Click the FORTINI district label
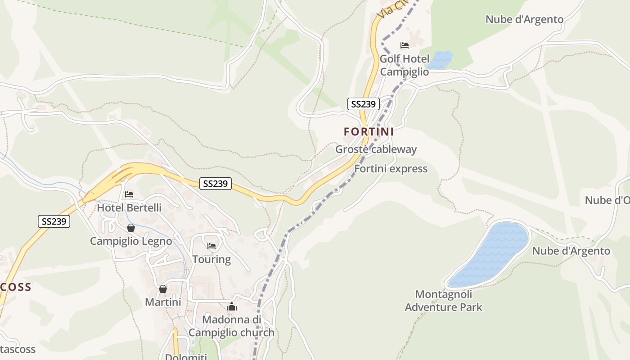click(369, 132)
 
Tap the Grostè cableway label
click(376, 149)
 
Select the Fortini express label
click(391, 169)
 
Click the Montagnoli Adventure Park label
click(443, 301)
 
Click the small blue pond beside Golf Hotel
click(440, 60)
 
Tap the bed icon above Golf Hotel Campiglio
click(404, 45)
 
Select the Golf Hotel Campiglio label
click(404, 65)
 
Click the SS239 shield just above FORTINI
click(364, 104)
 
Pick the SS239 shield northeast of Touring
click(216, 184)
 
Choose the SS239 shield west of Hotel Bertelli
click(54, 221)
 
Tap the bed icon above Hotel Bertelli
click(129, 194)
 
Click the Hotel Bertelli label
click(129, 208)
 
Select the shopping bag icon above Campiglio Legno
click(130, 228)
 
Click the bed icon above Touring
click(211, 246)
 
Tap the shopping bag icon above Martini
click(163, 289)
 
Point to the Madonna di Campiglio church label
click(231, 326)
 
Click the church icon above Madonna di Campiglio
click(232, 307)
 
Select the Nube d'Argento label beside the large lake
click(571, 251)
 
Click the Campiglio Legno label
click(130, 241)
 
